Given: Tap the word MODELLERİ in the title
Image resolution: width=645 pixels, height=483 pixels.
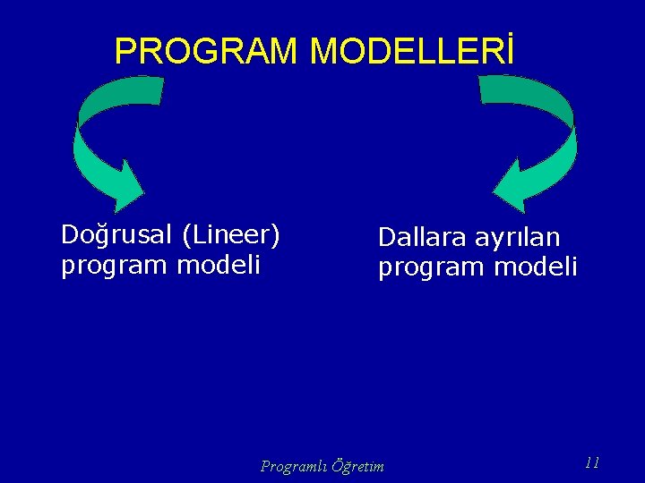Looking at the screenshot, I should click(x=412, y=52).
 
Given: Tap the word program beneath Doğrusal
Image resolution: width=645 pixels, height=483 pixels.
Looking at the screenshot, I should click(x=114, y=266).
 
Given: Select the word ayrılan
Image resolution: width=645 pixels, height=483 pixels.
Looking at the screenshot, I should click(x=519, y=238).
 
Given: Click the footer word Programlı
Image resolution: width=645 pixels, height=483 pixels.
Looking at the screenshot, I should click(x=293, y=466).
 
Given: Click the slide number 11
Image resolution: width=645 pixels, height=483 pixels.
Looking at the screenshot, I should click(x=591, y=462).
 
